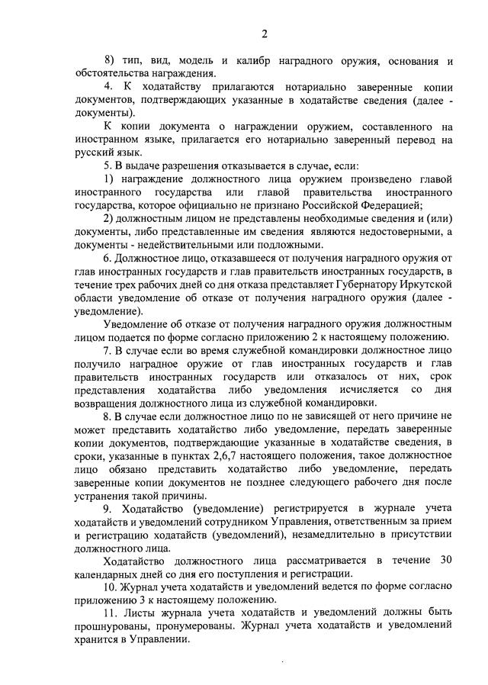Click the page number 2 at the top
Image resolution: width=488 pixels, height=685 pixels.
(263, 33)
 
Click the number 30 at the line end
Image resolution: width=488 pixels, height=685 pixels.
(446, 561)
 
